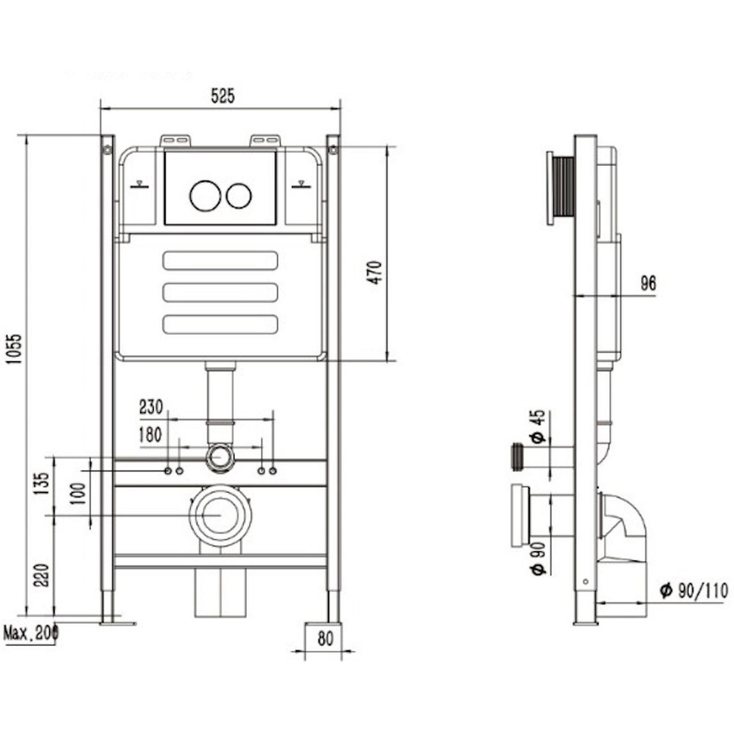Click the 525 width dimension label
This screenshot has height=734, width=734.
(x=222, y=97)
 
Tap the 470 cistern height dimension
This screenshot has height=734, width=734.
(x=377, y=272)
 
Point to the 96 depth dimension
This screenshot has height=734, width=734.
(x=649, y=284)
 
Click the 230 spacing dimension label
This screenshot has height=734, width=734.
(x=151, y=407)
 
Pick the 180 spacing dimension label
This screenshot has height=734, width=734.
(x=150, y=435)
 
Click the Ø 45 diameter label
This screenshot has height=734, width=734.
(x=538, y=427)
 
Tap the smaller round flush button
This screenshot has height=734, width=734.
(x=239, y=195)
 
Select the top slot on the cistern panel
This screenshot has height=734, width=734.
(x=220, y=260)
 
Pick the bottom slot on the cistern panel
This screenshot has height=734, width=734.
(x=220, y=324)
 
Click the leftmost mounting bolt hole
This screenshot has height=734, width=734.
(x=168, y=470)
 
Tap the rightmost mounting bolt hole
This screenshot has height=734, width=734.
(x=273, y=470)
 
